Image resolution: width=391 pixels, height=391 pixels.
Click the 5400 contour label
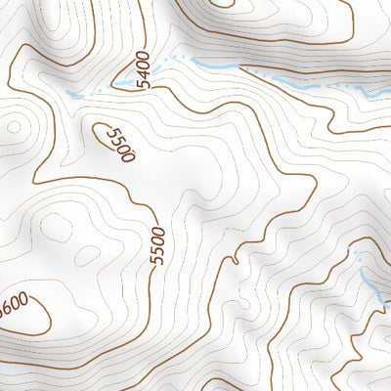144,70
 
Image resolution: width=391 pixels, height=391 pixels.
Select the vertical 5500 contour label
157,245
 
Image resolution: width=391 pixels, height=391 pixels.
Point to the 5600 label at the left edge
12,306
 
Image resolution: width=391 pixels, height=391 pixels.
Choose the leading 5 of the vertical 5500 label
157,260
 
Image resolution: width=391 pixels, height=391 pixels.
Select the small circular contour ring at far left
12,126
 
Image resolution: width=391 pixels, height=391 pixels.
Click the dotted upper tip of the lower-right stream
355,256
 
